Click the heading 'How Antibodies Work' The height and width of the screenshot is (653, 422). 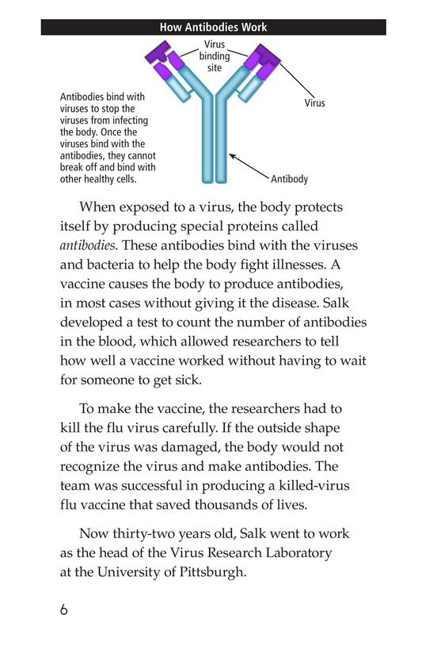click(213, 27)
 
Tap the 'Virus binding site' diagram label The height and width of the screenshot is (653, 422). click(214, 56)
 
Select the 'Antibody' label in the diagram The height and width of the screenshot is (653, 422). click(289, 180)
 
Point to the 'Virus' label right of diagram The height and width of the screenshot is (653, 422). click(314, 103)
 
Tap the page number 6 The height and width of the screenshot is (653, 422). click(64, 610)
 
